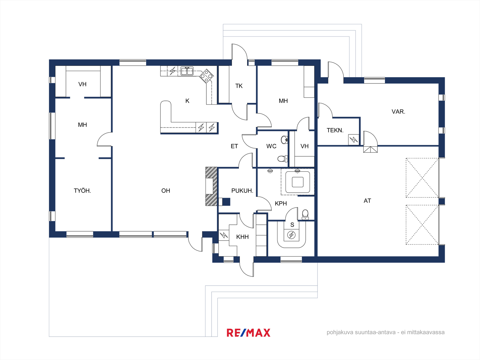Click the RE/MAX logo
[248, 333]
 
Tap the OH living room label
[166, 190]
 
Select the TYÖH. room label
[82, 190]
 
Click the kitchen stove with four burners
[206, 76]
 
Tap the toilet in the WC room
[283, 158]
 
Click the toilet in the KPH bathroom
[305, 214]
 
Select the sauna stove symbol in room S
[291, 235]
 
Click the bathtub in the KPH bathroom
[298, 182]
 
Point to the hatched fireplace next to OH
[211, 186]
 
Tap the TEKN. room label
[335, 130]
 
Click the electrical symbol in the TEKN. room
[354, 139]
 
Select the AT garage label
[367, 201]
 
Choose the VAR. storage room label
[398, 112]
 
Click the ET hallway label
[234, 146]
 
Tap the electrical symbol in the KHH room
[224, 235]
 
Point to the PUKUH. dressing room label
[242, 190]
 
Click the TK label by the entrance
[239, 86]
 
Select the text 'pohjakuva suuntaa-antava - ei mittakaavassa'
[385, 332]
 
